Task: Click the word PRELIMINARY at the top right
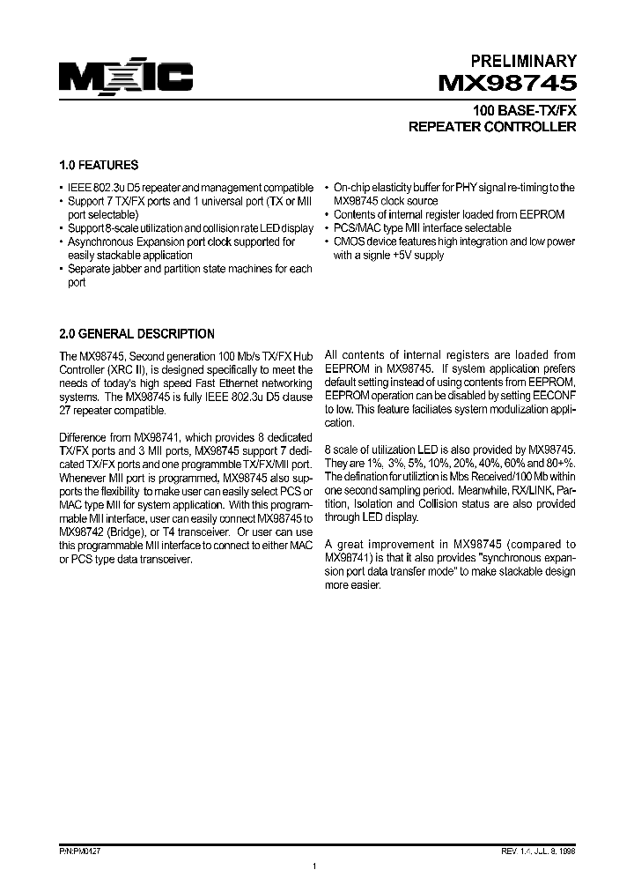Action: [524, 61]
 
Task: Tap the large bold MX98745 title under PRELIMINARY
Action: [508, 85]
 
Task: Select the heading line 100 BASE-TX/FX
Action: [525, 111]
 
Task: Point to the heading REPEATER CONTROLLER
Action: [493, 127]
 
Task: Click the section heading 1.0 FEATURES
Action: [98, 165]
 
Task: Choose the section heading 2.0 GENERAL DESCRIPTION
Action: [136, 334]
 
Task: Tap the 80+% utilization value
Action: [558, 462]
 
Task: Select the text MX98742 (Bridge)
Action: [97, 532]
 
